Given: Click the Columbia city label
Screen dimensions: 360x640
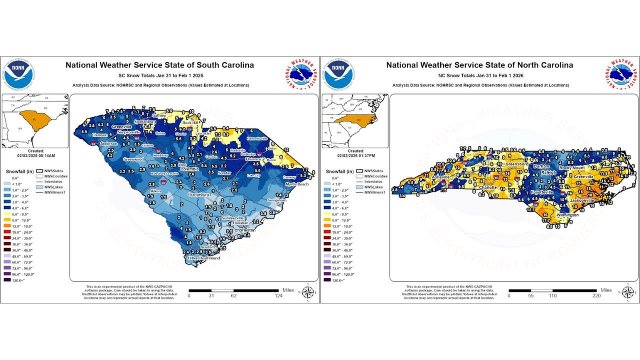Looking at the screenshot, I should (x=189, y=169).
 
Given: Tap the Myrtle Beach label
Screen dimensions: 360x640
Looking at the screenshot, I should (x=297, y=184).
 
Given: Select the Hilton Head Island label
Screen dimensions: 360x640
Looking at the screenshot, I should (x=203, y=258).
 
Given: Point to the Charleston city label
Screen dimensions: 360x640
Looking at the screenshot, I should (x=245, y=230).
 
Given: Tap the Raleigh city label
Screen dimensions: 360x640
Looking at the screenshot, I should (x=548, y=172).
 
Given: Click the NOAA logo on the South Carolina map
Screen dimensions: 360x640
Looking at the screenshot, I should (x=18, y=73).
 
